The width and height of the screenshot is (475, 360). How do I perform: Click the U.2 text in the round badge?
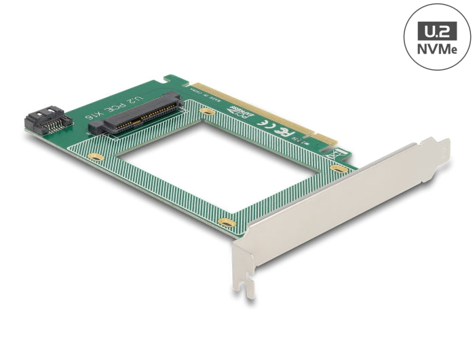(x=436, y=30)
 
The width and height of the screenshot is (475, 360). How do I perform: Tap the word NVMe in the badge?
(x=436, y=50)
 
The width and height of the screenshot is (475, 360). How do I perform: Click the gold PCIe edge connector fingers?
(x=265, y=112)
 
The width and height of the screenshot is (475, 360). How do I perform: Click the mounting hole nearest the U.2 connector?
(x=208, y=110)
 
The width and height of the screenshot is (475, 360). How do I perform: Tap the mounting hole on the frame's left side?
(x=97, y=156)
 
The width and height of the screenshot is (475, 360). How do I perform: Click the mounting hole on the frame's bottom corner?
(x=227, y=222)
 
